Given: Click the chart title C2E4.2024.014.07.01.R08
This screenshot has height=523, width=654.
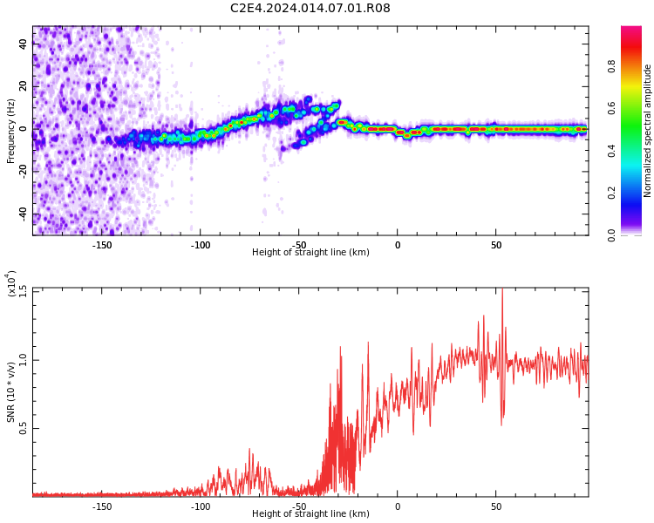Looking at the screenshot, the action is pyautogui.click(x=310, y=8).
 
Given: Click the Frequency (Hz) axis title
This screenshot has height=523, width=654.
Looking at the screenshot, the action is pyautogui.click(x=11, y=131).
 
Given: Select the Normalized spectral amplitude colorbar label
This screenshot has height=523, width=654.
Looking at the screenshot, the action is pyautogui.click(x=647, y=131).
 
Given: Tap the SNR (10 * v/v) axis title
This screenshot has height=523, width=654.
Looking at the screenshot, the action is pyautogui.click(x=11, y=392).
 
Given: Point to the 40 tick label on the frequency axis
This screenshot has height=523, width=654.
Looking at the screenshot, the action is pyautogui.click(x=24, y=44).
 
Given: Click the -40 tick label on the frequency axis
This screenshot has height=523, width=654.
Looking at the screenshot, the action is pyautogui.click(x=24, y=214).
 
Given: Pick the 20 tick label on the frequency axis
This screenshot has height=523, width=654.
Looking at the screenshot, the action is pyautogui.click(x=24, y=86).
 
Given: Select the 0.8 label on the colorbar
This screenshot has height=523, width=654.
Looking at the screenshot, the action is pyautogui.click(x=611, y=66).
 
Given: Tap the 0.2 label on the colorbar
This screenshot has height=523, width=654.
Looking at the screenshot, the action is pyautogui.click(x=611, y=193).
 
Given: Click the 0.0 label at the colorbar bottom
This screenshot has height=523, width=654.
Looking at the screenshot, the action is pyautogui.click(x=611, y=235).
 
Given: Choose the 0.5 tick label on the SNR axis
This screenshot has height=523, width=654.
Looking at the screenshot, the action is pyautogui.click(x=24, y=428).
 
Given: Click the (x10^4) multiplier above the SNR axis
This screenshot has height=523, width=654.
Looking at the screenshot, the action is pyautogui.click(x=11, y=283).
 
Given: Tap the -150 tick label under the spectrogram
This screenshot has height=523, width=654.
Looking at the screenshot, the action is pyautogui.click(x=102, y=245).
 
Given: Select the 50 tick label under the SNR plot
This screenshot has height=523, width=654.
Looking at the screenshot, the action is pyautogui.click(x=496, y=506).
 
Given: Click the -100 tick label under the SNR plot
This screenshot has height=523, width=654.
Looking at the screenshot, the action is pyautogui.click(x=201, y=506).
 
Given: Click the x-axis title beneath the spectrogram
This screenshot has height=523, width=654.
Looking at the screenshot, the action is pyautogui.click(x=310, y=252).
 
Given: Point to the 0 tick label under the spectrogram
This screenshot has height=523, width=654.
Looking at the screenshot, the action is pyautogui.click(x=398, y=245).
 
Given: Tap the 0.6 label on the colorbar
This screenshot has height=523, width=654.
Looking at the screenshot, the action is pyautogui.click(x=611, y=108).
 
